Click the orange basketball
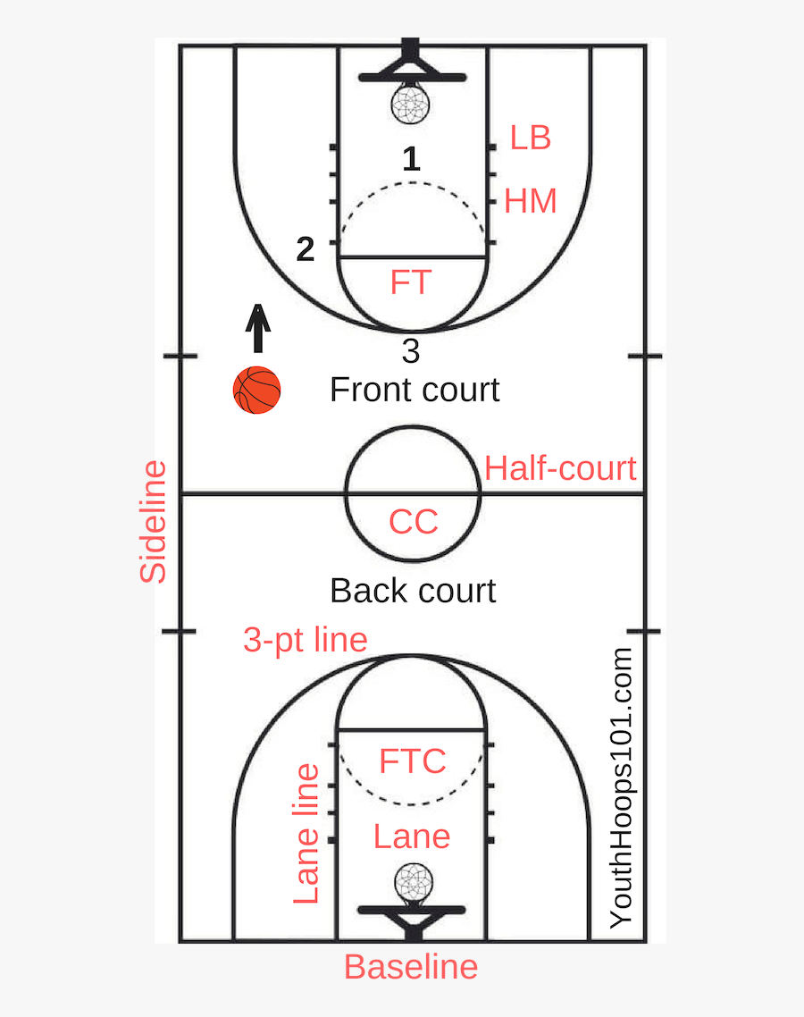point(256,390)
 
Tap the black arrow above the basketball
point(258,328)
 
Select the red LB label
point(531,138)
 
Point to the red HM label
point(531,200)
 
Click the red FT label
point(410,282)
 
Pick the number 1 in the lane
point(411,159)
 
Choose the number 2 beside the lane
point(305,249)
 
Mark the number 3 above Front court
point(410,351)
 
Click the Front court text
point(415,390)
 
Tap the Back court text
point(413,591)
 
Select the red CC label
point(413,522)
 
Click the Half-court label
point(560,468)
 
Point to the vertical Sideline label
point(153,522)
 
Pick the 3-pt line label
point(306,640)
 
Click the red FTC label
point(413,761)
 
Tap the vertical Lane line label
point(306,834)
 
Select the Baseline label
point(411,967)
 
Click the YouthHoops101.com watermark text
point(621,787)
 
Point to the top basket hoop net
point(410,103)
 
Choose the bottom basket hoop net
point(414,883)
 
